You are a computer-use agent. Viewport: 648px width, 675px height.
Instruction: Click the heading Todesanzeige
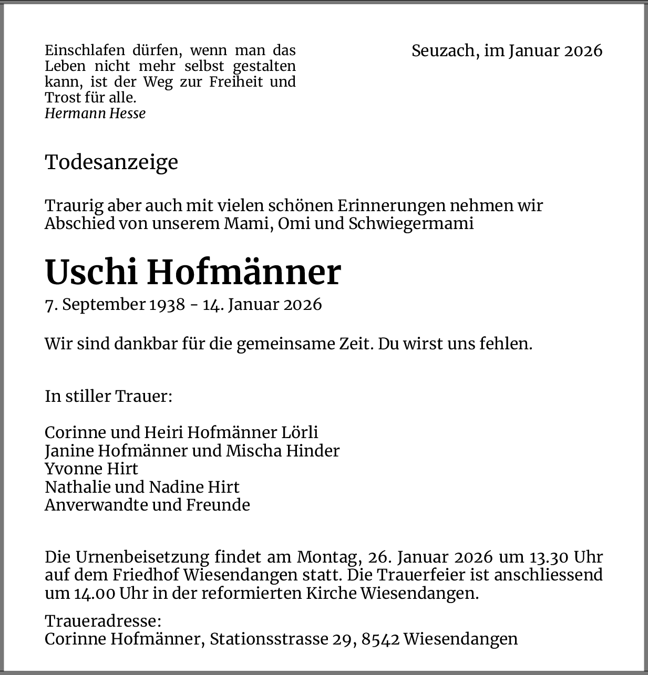pos(111,162)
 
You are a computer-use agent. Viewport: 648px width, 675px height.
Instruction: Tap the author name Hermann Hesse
pos(95,113)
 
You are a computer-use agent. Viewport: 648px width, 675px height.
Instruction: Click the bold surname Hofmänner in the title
pos(244,272)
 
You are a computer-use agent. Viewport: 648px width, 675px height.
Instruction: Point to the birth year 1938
pos(167,305)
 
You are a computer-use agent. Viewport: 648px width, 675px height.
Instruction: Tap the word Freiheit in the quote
pos(236,82)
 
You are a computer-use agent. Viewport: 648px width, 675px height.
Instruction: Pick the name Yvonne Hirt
pos(91,469)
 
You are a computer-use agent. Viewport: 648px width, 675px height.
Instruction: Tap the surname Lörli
pos(300,432)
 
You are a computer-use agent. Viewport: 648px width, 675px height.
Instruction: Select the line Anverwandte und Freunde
pos(147,505)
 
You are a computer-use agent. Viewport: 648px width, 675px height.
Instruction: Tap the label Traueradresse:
pos(103,621)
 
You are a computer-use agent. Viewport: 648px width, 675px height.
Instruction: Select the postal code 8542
pos(380,639)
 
